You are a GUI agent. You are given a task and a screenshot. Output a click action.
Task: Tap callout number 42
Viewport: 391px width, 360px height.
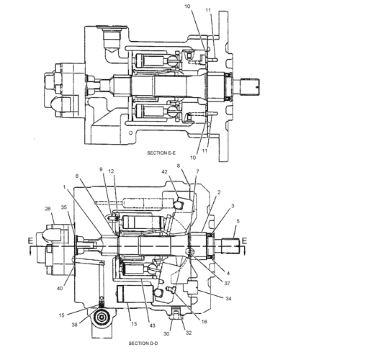click(164, 172)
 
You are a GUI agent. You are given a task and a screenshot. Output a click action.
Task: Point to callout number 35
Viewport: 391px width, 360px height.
click(63, 207)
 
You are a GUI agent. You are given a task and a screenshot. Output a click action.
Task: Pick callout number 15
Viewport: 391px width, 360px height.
click(62, 315)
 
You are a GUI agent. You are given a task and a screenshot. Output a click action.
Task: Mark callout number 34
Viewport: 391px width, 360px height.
click(229, 297)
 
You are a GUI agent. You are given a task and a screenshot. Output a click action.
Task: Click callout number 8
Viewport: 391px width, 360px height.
click(178, 166)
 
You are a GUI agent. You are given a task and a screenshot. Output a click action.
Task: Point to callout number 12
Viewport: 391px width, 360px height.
click(112, 170)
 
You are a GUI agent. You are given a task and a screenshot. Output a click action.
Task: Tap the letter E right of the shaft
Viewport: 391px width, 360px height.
click(245, 240)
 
